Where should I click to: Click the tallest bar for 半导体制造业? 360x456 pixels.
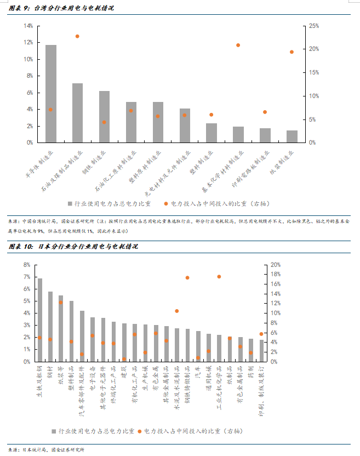(51, 93)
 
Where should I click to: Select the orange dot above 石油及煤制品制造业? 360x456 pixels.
(77, 36)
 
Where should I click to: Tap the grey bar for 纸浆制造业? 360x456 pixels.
(292, 136)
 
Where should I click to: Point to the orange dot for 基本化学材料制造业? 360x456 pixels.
(238, 45)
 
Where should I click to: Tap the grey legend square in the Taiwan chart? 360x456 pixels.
(70, 203)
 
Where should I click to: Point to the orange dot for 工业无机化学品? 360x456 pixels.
(219, 277)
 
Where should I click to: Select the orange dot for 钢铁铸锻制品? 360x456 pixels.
(187, 278)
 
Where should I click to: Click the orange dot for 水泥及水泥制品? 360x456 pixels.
(177, 311)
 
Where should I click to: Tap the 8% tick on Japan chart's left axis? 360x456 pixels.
(26, 265)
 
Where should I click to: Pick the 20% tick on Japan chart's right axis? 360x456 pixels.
(275, 265)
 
